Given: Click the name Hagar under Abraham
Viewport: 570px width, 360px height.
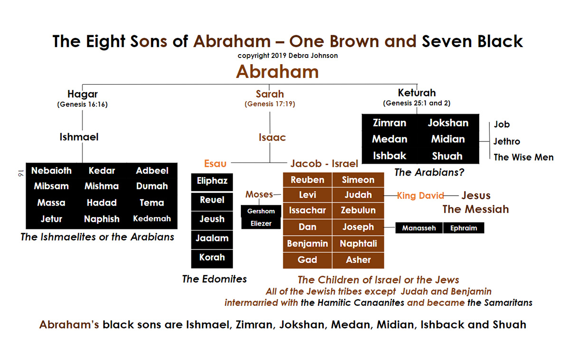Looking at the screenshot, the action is click(83, 94).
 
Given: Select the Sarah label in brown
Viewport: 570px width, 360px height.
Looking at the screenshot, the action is click(270, 94).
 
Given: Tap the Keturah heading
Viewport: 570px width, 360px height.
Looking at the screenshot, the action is click(417, 93).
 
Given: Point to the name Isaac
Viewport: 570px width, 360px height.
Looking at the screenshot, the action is click(272, 137).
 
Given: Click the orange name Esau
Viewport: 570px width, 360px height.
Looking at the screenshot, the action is click(215, 163).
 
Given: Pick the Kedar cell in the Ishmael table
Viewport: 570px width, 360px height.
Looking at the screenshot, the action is click(102, 171).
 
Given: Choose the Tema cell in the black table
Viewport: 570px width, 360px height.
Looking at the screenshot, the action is click(152, 202).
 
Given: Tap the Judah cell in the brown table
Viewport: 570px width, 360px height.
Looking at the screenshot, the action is click(358, 195).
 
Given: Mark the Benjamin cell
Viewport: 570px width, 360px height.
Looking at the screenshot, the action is click(307, 244).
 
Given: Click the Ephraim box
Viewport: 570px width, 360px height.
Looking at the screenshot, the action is click(464, 228).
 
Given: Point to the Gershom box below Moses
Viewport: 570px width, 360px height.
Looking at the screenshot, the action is click(261, 211).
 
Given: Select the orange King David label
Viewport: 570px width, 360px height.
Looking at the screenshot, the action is click(420, 195).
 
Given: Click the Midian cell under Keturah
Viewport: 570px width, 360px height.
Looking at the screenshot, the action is click(448, 139).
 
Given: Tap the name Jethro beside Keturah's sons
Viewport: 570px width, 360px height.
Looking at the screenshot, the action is click(507, 141).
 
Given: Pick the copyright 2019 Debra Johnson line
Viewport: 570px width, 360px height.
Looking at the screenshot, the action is click(287, 56).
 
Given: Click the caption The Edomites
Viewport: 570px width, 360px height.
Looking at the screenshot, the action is click(215, 279).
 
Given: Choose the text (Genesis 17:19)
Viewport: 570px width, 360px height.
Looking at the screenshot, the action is click(270, 104).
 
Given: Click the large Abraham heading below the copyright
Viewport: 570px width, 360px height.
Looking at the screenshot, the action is click(277, 72).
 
